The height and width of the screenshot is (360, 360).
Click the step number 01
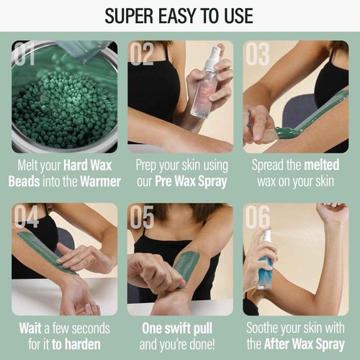(27, 55)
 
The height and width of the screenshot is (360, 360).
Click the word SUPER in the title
(132, 15)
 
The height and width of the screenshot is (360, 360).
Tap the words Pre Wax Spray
(190, 181)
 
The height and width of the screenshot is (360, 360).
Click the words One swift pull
(180, 328)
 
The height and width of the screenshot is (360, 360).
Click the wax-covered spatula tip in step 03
(284, 132)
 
